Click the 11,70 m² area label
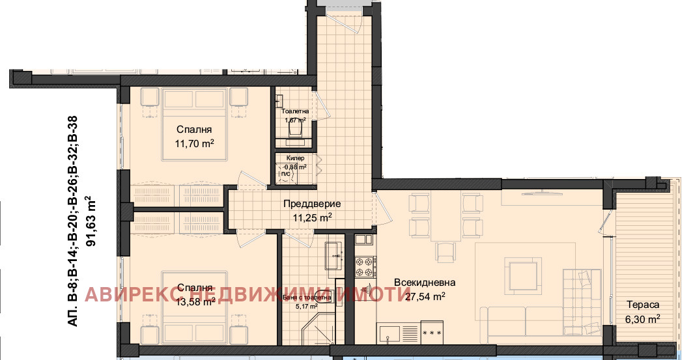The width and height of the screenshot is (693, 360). tap(195, 143)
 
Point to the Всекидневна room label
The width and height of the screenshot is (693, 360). tap(424, 283)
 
